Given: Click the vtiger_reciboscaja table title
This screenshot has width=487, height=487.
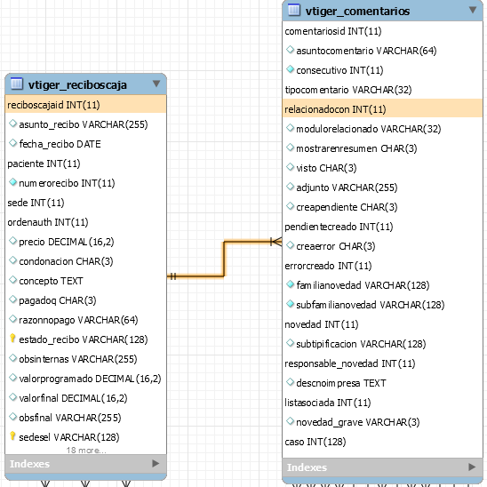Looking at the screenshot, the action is point(77,84).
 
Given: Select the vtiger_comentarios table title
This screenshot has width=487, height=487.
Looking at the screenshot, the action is point(357,12).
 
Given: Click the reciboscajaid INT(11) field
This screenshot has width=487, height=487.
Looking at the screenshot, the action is point(53,105).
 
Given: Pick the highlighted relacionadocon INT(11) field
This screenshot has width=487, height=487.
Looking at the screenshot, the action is point(335,109).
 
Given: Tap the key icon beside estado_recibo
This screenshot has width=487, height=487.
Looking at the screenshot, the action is point(12,339).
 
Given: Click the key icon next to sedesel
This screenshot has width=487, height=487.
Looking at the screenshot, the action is point(12,436).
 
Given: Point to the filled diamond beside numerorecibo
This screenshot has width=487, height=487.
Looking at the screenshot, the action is point(12,182).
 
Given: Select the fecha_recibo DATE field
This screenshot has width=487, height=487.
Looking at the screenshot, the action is point(60,144).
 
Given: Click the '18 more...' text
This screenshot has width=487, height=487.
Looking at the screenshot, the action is point(86,450).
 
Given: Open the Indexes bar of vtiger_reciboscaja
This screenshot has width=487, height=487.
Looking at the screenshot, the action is point(85,464).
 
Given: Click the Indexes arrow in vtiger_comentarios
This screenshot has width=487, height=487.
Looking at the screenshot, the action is point(472,467).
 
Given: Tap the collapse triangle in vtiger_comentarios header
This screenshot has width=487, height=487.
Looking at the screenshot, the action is point(473,10).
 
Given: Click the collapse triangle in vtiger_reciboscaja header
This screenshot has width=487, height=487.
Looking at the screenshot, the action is point(156,84).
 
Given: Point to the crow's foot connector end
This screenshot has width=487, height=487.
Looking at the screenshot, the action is point(276,242).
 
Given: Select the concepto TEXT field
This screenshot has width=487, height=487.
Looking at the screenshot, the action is point(51,281).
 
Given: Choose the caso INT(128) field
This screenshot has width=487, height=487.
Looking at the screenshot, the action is point(315,442).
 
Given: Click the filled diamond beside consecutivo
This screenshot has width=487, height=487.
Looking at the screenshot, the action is point(290,69).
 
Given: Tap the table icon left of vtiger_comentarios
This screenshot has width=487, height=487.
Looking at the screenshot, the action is point(294,10).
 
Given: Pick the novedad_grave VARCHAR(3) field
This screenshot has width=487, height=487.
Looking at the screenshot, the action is point(358,422).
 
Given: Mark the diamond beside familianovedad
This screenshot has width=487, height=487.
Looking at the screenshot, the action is point(290,283).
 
